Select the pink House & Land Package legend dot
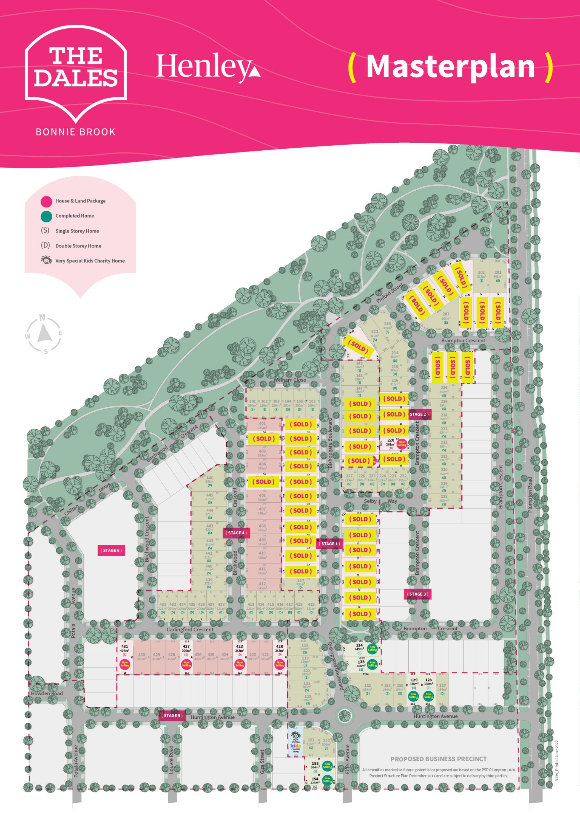tap(46, 201)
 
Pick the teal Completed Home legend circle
tap(46, 216)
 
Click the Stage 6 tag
tap(111, 550)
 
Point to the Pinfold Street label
tap(389, 294)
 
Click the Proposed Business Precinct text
tap(439, 759)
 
